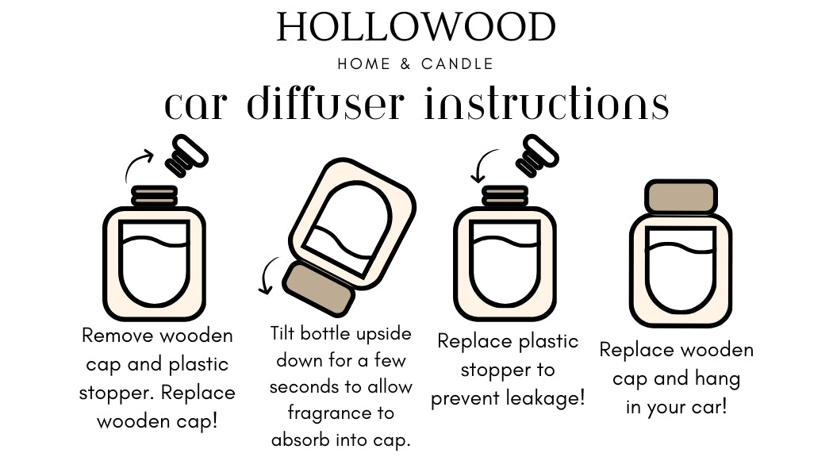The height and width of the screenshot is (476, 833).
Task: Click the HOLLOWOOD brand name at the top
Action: point(416,28)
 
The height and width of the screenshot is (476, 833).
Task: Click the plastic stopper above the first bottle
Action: point(186,156)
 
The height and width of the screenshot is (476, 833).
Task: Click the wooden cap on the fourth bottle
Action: point(681,197)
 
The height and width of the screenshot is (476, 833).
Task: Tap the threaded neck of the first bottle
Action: point(155,195)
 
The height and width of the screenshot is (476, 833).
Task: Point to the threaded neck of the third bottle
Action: point(505,195)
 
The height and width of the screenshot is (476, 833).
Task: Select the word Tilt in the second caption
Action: point(286,332)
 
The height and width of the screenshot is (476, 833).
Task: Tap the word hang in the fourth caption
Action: point(716,379)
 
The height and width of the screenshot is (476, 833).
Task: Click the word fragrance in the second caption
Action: point(330,413)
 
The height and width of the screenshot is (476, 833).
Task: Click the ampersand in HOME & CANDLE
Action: point(405,64)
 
